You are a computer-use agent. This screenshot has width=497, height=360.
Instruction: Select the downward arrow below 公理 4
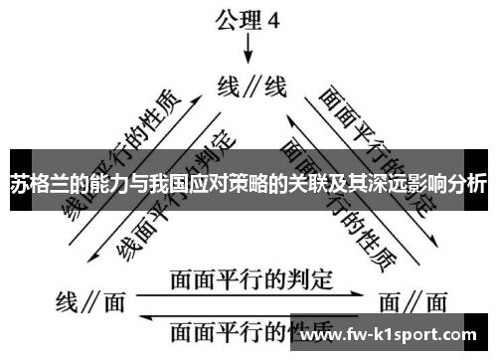pyautogui.click(x=248, y=50)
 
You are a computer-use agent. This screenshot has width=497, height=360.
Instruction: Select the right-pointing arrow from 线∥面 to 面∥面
pyautogui.click(x=248, y=294)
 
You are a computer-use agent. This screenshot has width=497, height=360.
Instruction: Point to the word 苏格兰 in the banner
pyautogui.click(x=40, y=184)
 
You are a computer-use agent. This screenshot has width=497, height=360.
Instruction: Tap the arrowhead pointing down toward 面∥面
pyautogui.click(x=433, y=243)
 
